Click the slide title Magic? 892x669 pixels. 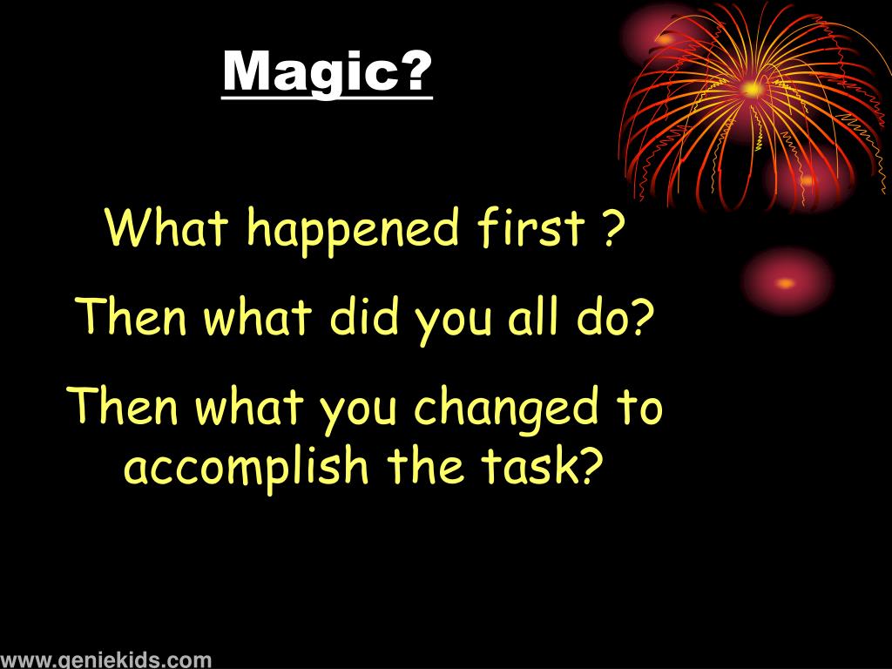(x=328, y=73)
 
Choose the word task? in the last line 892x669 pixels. (x=548, y=467)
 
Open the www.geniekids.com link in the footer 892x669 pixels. (x=105, y=659)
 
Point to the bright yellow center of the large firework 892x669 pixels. (x=752, y=88)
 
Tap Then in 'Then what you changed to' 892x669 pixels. (x=124, y=407)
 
